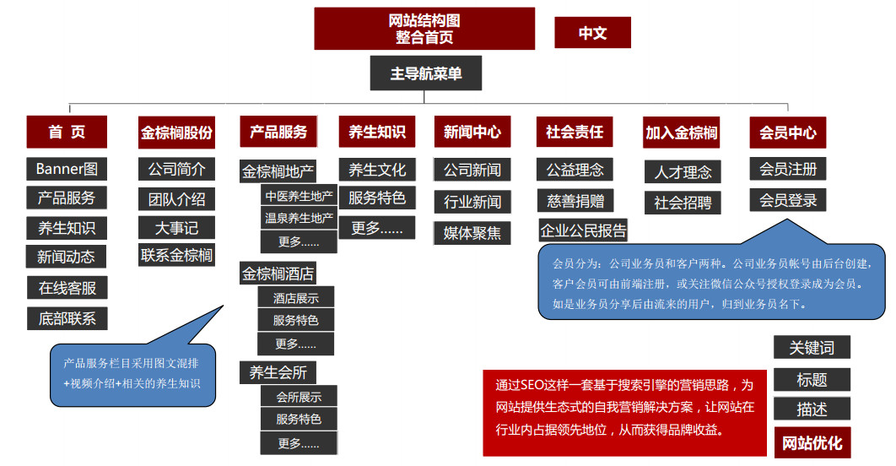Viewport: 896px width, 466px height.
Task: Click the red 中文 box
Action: pos(592,33)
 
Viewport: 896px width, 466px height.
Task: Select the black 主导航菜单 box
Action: pos(426,73)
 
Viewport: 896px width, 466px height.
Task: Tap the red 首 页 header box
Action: pos(67,132)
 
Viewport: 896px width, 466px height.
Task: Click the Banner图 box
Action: pos(67,169)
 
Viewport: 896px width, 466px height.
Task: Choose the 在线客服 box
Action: pos(67,288)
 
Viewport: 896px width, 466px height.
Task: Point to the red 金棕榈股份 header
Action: pos(176,133)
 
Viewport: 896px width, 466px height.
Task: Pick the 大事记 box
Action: pos(176,228)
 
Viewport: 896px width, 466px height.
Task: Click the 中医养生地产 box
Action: pos(299,196)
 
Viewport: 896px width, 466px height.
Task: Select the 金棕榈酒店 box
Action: pos(278,274)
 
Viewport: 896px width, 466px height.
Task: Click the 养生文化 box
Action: pos(377,170)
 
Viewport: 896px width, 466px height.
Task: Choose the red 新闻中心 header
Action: pos(472,132)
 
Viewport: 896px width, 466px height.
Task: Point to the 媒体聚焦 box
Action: pos(472,233)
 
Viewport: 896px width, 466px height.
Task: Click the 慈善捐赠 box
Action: pos(575,201)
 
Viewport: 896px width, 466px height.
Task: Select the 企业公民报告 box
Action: pos(583,230)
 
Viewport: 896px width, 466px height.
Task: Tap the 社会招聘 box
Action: pos(683,203)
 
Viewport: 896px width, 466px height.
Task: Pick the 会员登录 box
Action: pos(788,200)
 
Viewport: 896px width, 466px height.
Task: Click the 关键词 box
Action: pos(812,347)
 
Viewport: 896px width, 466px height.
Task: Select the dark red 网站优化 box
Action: pos(812,443)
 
